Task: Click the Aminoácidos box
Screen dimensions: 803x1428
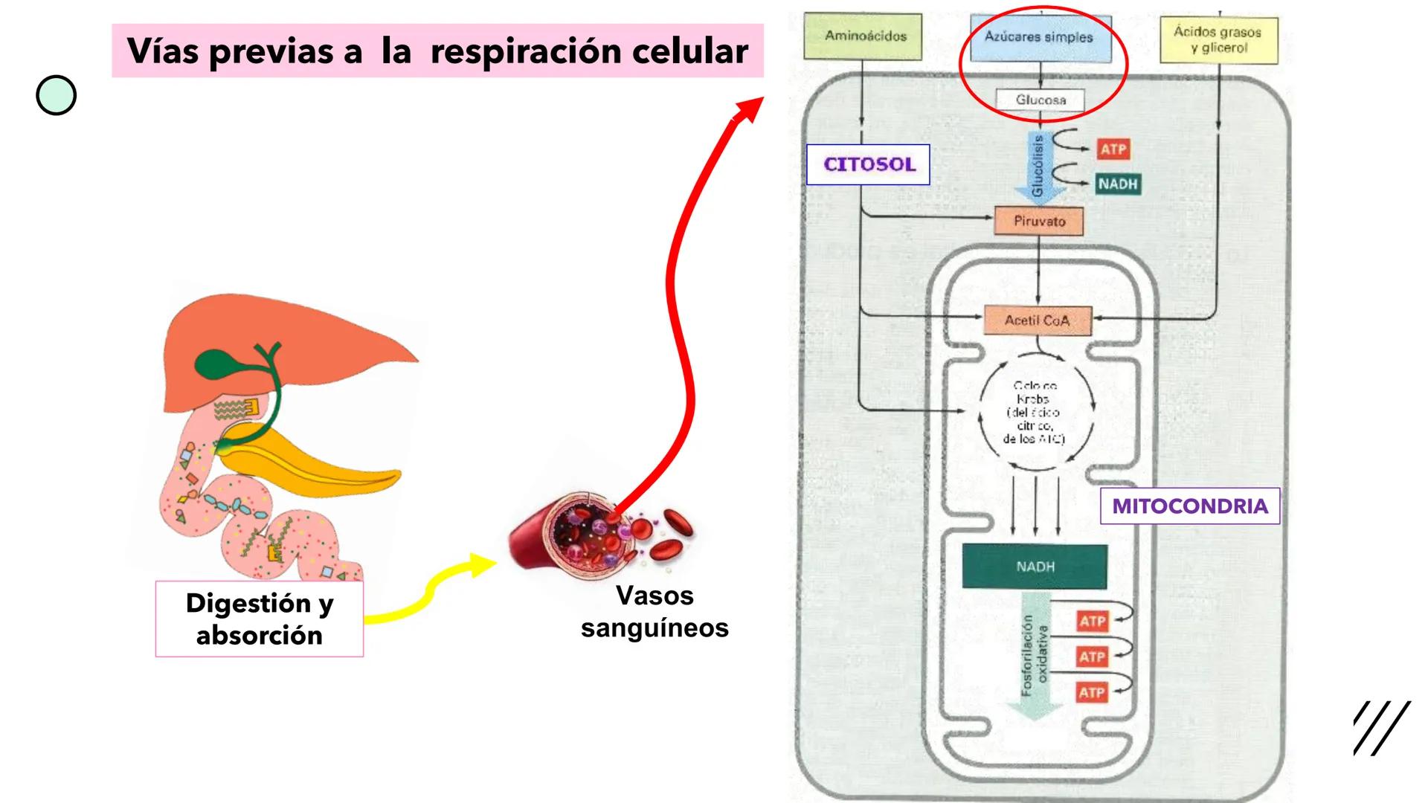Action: pyautogui.click(x=863, y=36)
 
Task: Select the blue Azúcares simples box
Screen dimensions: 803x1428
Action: pyautogui.click(x=1040, y=37)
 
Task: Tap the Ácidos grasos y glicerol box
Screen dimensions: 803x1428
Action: pyautogui.click(x=1218, y=39)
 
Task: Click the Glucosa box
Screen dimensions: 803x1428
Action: pyautogui.click(x=1040, y=100)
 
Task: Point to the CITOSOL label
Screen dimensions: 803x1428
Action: pyautogui.click(x=868, y=164)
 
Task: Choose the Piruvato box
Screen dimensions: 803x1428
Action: pyautogui.click(x=1039, y=222)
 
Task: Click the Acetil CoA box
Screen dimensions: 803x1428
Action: pyautogui.click(x=1038, y=320)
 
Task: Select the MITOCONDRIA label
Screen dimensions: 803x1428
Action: pyautogui.click(x=1189, y=506)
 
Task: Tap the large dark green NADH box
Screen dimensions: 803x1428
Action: pyautogui.click(x=1035, y=567)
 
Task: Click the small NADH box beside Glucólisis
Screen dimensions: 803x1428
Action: pyautogui.click(x=1117, y=184)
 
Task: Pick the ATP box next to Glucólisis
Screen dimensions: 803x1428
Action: pyautogui.click(x=1113, y=149)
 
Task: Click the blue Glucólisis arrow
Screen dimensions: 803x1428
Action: pyautogui.click(x=1039, y=167)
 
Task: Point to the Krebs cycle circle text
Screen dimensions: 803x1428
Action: pyautogui.click(x=1035, y=413)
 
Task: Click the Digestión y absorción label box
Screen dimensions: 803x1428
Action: pyautogui.click(x=259, y=619)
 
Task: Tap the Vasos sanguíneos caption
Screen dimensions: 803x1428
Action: pyautogui.click(x=654, y=611)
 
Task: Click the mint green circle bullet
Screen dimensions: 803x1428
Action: pyautogui.click(x=57, y=95)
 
